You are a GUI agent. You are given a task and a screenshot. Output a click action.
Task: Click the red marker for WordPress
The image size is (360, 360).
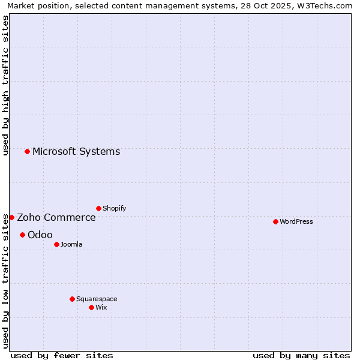pos(275,221)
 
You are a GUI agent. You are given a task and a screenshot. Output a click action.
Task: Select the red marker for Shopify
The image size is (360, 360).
pos(98,208)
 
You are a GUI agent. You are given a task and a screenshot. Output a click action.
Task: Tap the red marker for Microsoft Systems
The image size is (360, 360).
pos(27,151)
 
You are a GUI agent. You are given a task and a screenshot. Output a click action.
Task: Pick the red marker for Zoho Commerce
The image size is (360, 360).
pos(11,217)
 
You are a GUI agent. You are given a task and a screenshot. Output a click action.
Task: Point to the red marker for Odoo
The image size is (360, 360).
pos(22,235)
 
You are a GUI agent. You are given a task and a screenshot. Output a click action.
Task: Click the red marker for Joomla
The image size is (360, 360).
pos(56,244)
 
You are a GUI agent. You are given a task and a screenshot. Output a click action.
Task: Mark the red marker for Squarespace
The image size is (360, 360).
pos(72,299)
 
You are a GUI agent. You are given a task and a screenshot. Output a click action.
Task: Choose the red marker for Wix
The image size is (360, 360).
pos(91,307)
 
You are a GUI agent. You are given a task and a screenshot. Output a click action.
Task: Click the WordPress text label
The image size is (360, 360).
pos(296,221)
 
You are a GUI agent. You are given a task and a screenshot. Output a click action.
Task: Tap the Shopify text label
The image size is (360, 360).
pos(114,208)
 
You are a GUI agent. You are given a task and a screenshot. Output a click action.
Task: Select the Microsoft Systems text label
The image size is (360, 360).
pos(76,151)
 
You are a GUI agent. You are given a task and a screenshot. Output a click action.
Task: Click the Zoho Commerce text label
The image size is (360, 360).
pos(56,217)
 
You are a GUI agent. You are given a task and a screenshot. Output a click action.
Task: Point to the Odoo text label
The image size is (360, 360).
pos(40,235)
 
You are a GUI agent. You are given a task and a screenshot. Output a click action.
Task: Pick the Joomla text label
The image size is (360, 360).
pos(71,244)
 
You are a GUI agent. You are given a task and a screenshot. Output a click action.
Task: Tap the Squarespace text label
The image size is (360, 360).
pos(97,299)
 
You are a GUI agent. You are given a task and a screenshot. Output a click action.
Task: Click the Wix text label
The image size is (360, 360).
pos(101,307)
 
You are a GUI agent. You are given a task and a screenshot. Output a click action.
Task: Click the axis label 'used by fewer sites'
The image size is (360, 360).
pos(62,355)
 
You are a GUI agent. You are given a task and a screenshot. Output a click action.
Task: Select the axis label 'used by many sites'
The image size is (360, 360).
pos(301,355)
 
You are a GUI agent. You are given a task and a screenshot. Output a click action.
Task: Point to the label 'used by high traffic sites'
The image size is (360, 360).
pos(5,85)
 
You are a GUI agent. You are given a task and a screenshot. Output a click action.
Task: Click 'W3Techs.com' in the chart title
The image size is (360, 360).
pos(325,5)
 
